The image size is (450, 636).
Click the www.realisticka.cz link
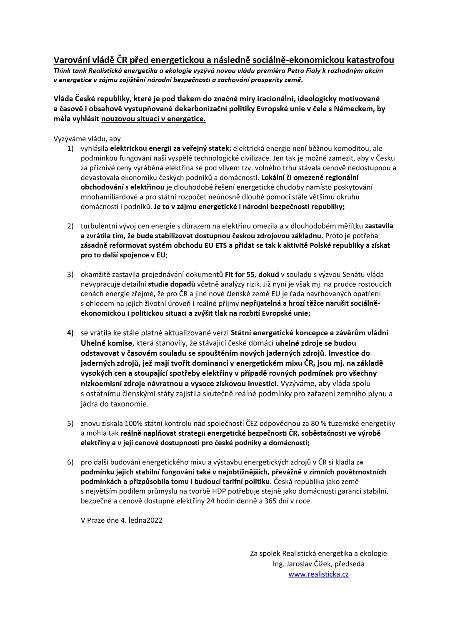pos(318,574)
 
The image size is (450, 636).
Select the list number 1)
pos(70,149)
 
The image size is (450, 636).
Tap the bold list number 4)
pos(70,333)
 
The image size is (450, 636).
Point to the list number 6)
pos(70,462)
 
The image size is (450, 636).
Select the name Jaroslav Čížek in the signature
pos(309,564)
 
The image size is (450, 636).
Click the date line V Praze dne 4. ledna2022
pos(122,520)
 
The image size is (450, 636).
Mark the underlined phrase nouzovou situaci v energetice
pos(153,119)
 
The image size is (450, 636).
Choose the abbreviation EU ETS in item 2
pos(215,245)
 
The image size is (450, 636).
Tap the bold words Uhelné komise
pos(107,343)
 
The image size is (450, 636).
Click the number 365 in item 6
pos(270,501)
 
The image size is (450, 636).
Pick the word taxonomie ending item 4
pos(130,404)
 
